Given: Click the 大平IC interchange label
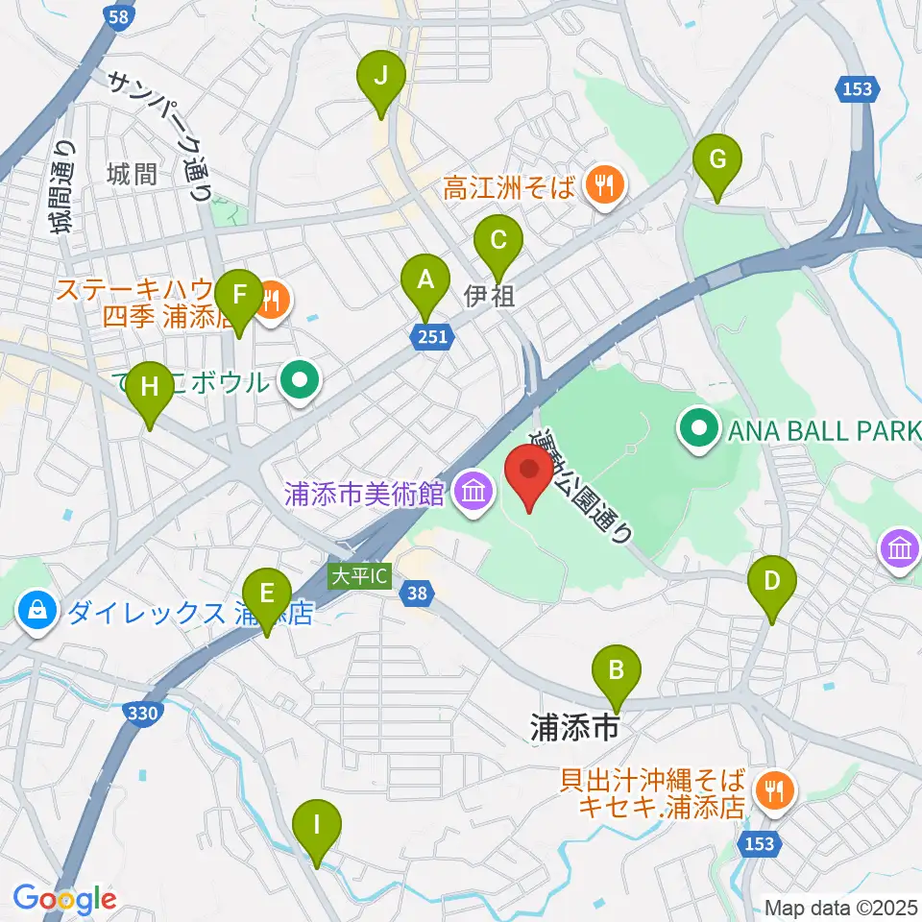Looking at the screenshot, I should point(359,577).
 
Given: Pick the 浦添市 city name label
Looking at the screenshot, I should point(572,728).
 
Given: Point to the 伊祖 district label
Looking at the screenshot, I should point(490,296).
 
